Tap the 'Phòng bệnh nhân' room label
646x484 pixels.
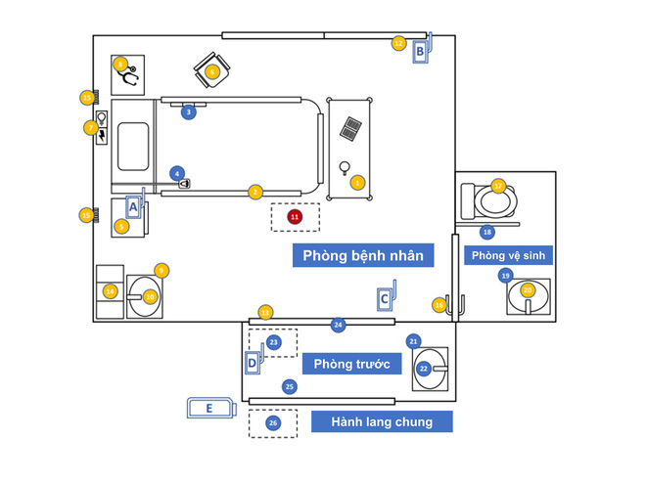click(362, 256)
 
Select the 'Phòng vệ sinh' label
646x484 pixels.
click(508, 256)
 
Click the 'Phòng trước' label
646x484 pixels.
click(352, 364)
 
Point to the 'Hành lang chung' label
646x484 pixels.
click(383, 421)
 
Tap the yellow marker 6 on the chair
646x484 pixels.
click(212, 71)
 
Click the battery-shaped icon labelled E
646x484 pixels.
click(210, 408)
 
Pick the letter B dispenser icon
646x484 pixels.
click(421, 51)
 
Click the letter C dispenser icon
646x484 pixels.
click(386, 297)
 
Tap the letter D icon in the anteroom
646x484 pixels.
click(254, 362)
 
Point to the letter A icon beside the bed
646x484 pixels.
click(134, 207)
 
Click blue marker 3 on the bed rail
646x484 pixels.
click(189, 112)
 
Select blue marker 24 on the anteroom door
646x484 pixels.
click(338, 325)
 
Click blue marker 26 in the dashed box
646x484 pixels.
click(273, 423)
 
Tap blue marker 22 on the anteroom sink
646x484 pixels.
click(424, 369)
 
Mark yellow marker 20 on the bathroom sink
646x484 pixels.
click(528, 290)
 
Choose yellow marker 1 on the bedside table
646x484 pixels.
click(357, 183)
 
